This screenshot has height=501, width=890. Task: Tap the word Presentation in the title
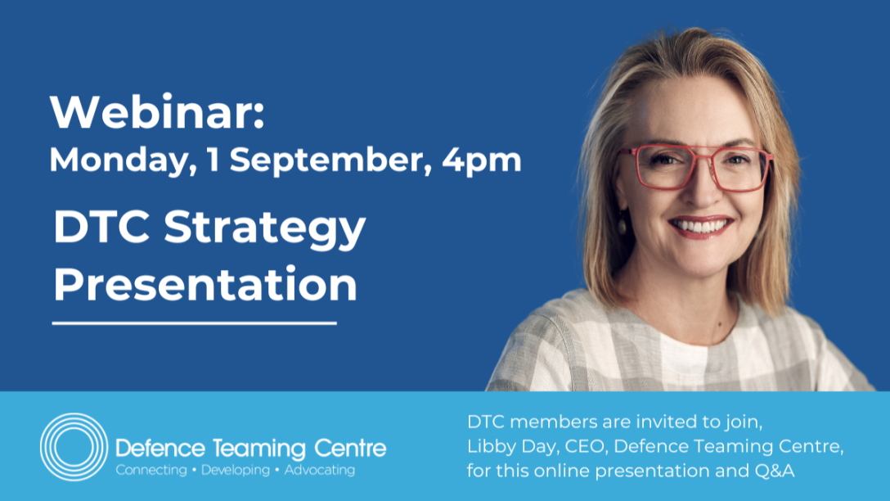pos(205,284)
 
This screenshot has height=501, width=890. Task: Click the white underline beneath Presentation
pos(194,323)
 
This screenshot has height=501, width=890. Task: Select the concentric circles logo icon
pos(74,446)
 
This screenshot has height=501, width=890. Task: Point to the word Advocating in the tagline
pos(320,471)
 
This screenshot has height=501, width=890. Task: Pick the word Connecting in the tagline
pos(151,471)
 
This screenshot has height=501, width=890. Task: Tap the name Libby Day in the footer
pos(510,446)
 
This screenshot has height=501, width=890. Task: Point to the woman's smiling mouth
pos(701,227)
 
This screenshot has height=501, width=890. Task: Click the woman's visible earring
pos(622,223)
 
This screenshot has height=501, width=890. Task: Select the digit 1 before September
pos(213,160)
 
